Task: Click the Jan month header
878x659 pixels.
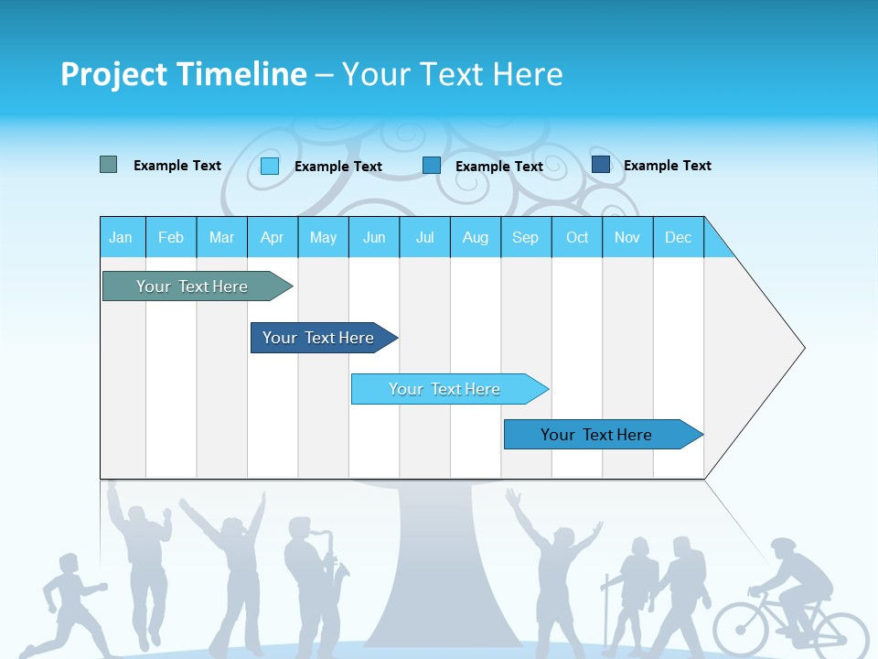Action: [x=121, y=237]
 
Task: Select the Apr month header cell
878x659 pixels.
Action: [x=272, y=237]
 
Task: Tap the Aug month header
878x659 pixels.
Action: [x=475, y=237]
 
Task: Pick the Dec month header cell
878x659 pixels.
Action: [x=678, y=237]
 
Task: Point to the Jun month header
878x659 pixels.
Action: [x=373, y=237]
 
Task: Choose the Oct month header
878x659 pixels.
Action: [x=576, y=237]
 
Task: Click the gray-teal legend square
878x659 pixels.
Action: [x=108, y=165]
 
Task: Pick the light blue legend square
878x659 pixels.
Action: [x=270, y=166]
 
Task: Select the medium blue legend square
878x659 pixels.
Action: [x=432, y=165]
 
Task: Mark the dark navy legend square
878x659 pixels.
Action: [x=601, y=164]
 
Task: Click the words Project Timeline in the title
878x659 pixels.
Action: [x=183, y=74]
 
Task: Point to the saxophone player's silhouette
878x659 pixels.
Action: [x=311, y=586]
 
